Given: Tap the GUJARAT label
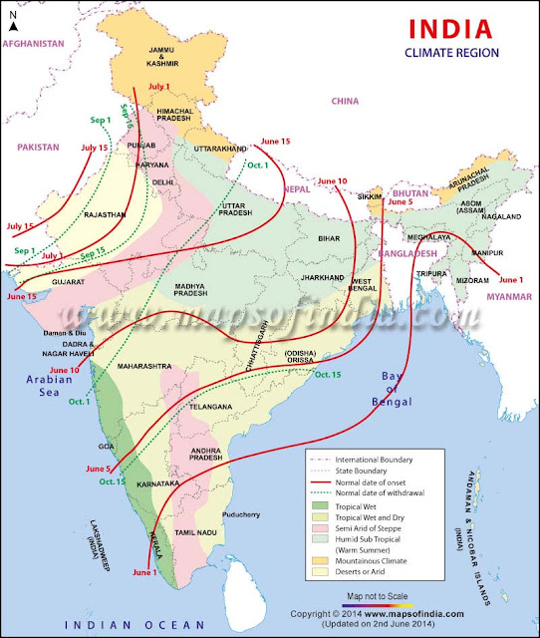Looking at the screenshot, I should [61, 282].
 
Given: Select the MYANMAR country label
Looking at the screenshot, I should [506, 296].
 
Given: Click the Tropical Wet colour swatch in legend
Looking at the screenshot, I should [321, 505].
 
